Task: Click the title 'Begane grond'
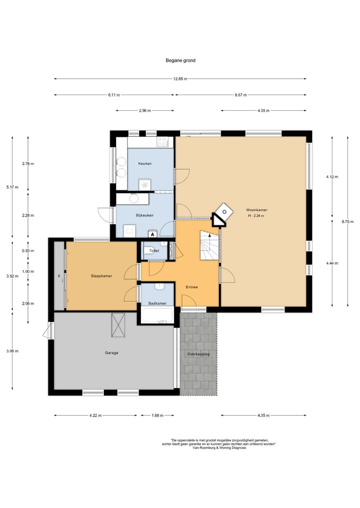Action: coord(180,60)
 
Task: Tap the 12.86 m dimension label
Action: coord(180,79)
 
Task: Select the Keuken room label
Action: coord(145,164)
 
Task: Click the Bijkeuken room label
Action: coord(144,215)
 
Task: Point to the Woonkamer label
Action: coord(255,210)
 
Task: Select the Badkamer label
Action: coord(156,303)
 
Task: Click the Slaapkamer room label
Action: coord(101,275)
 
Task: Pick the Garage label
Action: coord(111,353)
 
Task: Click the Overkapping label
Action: coord(198,354)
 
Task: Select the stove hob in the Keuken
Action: coord(163,142)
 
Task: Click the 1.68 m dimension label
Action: coord(157,415)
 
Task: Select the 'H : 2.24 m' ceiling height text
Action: coord(255,216)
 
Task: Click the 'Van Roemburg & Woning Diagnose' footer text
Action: coord(219,448)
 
